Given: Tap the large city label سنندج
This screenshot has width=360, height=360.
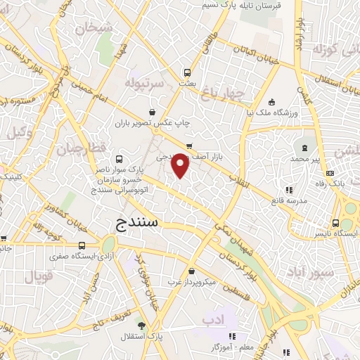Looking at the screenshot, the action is [x=137, y=224].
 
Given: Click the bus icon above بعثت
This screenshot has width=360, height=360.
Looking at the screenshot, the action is [x=187, y=72].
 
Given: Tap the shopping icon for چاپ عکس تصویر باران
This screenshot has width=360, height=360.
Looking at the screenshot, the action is [x=153, y=112].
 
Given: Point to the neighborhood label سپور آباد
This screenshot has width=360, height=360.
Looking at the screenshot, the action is [x=307, y=271].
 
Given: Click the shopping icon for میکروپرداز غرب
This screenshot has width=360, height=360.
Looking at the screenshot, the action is [x=191, y=271].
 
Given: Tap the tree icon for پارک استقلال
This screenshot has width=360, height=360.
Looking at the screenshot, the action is [x=142, y=326].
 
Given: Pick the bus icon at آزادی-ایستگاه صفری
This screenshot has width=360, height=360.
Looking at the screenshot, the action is [x=83, y=245].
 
